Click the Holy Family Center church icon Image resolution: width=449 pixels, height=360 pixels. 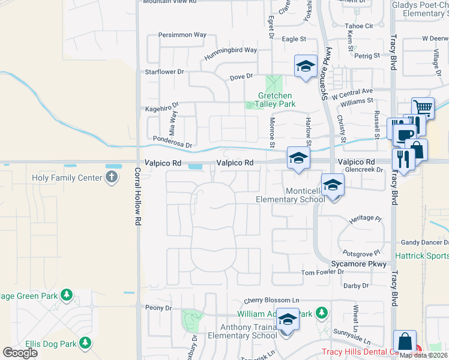pos(111,177)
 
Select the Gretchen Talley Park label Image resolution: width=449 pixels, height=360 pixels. pos(276,100)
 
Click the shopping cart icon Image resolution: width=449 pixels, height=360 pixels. pos(423,108)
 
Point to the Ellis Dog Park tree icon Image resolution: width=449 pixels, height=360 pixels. pos(86,343)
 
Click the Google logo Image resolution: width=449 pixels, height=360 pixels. pos(20,353)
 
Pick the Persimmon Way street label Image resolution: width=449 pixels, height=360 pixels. pos(182,35)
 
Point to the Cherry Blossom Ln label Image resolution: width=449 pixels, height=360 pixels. pos(271,300)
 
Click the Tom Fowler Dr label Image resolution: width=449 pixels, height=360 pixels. pos(322,272)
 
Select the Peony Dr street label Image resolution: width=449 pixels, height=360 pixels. pos(158,308)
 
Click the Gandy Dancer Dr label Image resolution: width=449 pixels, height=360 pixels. pos(424,242)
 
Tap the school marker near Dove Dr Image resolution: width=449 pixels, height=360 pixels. pos(306,66)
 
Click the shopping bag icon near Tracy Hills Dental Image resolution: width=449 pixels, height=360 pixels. pos(405,341)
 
